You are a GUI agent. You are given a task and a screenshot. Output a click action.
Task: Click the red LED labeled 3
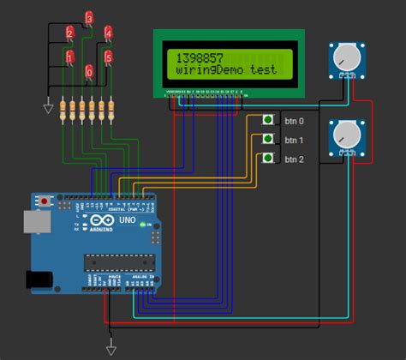pyautogui.click(x=90, y=19)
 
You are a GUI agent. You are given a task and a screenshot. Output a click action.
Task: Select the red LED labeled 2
pyautogui.click(x=70, y=34)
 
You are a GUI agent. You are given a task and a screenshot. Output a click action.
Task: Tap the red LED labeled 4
pyautogui.click(x=109, y=34)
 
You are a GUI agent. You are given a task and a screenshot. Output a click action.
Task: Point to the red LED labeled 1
pyautogui.click(x=70, y=57)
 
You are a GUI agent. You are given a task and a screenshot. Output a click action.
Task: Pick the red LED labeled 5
pyautogui.click(x=109, y=57)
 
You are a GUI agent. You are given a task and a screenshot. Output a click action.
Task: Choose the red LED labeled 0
pyautogui.click(x=90, y=73)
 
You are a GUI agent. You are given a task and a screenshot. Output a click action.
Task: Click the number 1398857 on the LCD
pyautogui.click(x=196, y=57)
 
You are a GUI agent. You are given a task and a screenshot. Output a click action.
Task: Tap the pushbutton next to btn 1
pyautogui.click(x=268, y=139)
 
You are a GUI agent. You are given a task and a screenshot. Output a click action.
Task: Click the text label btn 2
pyautogui.click(x=294, y=159)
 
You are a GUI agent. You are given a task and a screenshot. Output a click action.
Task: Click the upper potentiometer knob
pyautogui.click(x=344, y=57)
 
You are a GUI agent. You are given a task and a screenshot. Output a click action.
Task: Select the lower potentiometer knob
pyautogui.click(x=344, y=135)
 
